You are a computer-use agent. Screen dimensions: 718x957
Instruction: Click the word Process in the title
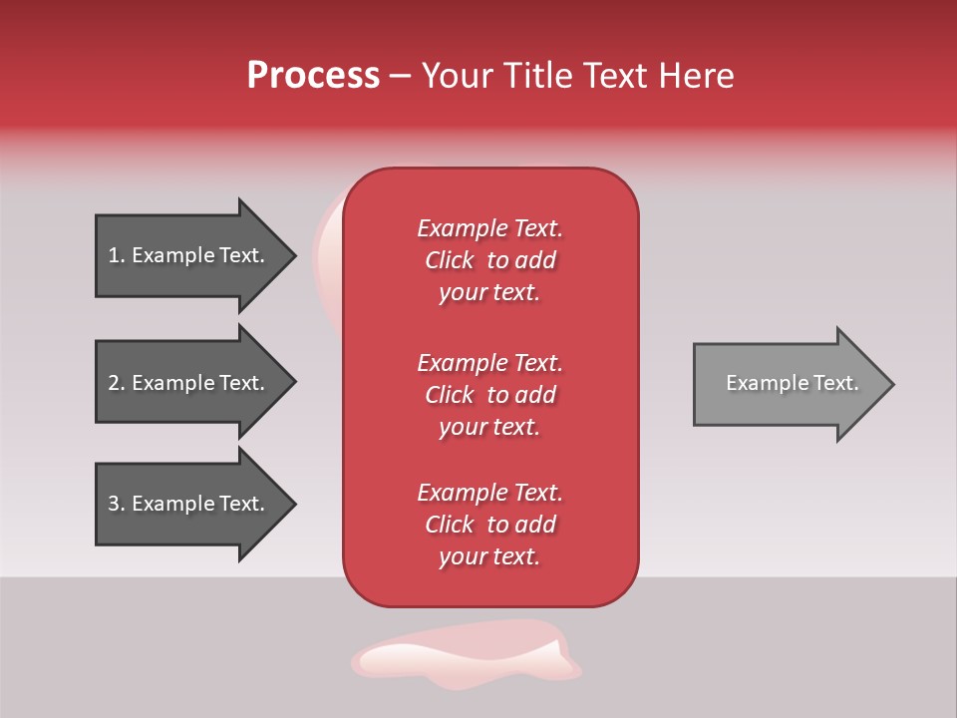tap(313, 76)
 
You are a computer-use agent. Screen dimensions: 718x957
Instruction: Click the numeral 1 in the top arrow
tap(113, 255)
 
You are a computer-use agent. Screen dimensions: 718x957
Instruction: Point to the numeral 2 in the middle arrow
tap(114, 383)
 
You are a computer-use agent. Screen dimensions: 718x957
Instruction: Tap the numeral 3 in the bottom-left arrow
tap(114, 504)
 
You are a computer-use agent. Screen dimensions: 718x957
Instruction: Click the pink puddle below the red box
tap(465, 655)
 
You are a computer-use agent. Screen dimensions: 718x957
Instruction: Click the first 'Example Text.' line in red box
tap(489, 228)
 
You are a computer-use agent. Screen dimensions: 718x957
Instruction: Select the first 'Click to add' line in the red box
tap(489, 260)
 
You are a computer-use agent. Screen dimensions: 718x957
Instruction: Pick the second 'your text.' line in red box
tap(489, 427)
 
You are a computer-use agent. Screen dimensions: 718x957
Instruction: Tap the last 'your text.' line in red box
tap(489, 556)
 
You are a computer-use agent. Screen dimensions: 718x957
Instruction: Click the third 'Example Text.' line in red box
tap(489, 493)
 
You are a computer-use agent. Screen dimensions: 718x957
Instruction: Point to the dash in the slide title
tap(401, 77)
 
